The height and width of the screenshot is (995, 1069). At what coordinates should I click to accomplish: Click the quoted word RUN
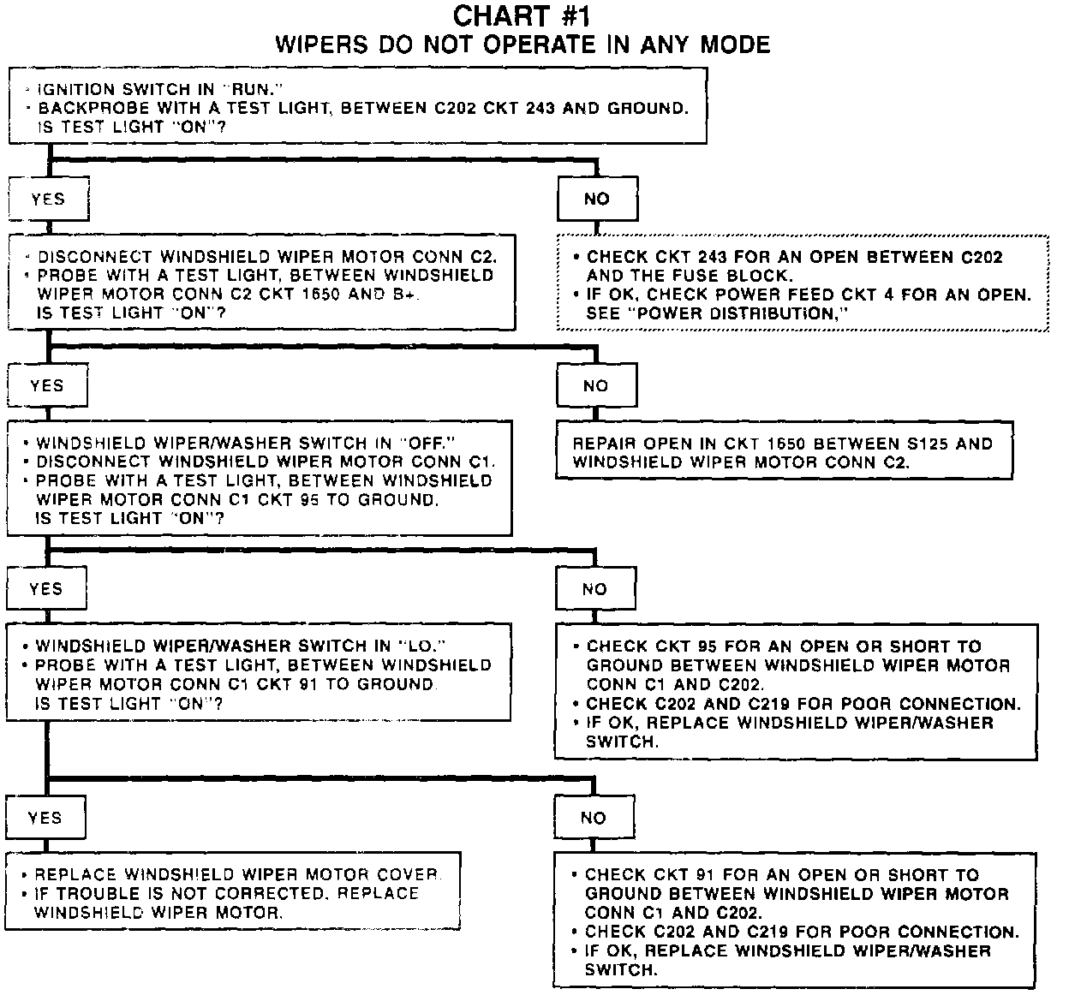(257, 89)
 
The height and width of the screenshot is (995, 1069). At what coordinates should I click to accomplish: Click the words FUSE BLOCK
(734, 276)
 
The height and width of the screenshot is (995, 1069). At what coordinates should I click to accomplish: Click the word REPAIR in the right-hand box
(605, 444)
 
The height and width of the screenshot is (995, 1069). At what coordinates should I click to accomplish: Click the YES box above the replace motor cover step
(45, 817)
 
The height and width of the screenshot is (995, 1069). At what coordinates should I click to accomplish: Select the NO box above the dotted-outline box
(597, 199)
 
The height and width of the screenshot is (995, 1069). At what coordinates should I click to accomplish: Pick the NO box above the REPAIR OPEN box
(595, 386)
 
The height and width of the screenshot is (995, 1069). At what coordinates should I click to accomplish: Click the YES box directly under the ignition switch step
(48, 199)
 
